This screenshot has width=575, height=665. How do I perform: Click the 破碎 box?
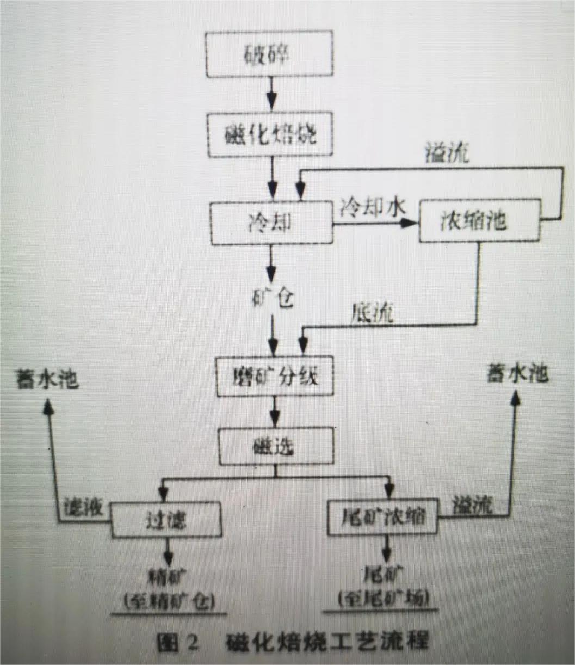click(270, 55)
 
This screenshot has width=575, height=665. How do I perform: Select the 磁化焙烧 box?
click(270, 134)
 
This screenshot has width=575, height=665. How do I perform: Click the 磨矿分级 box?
click(275, 376)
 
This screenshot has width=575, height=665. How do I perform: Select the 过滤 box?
click(166, 519)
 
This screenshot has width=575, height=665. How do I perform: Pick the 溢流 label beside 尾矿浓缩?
click(472, 506)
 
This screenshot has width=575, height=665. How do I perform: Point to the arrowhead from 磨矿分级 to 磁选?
click(275, 419)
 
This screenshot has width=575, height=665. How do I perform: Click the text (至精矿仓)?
click(169, 600)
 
